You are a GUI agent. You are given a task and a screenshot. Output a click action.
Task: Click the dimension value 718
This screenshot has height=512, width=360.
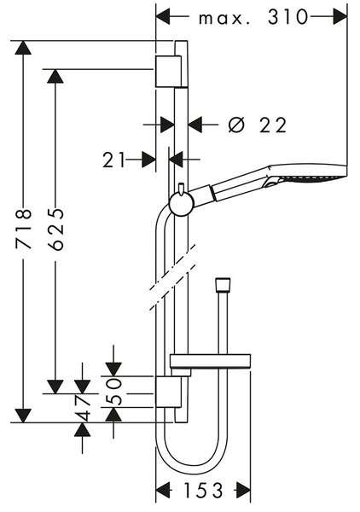point(24,229)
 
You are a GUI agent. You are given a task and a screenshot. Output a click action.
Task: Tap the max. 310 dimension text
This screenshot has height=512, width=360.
point(253,18)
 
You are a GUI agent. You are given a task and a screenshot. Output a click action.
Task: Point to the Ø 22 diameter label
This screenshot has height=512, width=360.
point(257,125)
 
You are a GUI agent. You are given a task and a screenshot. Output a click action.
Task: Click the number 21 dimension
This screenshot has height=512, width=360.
point(114,160)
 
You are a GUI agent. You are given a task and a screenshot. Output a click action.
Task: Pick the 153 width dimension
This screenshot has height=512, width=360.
point(203,490)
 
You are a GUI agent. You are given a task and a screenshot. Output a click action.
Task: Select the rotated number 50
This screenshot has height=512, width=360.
point(114,392)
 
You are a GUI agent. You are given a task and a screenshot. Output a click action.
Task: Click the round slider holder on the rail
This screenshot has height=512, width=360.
point(182,205)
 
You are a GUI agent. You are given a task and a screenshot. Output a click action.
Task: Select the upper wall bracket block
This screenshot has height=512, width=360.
point(168,71)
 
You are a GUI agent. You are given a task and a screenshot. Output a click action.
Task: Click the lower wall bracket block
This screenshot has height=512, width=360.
point(168,392)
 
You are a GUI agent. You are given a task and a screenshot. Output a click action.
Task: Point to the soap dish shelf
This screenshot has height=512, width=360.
point(211,360)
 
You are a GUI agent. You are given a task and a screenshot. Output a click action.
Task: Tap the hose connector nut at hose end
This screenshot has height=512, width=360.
point(223,284)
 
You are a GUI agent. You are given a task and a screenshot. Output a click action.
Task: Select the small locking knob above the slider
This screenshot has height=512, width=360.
point(182,189)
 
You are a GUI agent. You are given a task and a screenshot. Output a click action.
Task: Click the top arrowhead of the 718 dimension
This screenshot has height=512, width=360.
point(23,47)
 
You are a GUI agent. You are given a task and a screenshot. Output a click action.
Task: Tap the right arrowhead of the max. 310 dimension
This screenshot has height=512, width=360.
point(340,17)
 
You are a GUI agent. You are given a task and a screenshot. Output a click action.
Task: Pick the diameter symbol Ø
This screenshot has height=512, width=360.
point(236,125)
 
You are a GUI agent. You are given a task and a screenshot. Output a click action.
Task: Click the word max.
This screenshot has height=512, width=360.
point(224,19)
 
